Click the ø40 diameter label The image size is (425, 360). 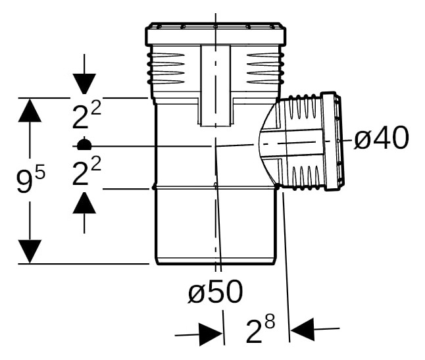click(x=381, y=138)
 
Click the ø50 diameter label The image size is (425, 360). click(x=216, y=292)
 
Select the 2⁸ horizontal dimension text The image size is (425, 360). click(x=261, y=328)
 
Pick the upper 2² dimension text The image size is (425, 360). click(x=86, y=115)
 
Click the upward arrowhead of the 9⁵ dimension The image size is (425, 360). click(x=30, y=110)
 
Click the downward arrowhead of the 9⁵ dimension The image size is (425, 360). click(x=30, y=251)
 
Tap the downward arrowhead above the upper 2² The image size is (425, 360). click(x=84, y=84)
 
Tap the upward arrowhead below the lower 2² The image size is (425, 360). click(x=84, y=203)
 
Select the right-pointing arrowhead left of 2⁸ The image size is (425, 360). click(x=211, y=334)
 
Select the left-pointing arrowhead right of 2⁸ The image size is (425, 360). click(x=302, y=329)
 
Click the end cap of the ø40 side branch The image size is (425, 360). click(x=333, y=141)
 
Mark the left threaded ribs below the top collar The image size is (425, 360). click(x=166, y=68)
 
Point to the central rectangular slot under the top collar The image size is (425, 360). click(x=216, y=86)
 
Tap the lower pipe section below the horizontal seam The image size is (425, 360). click(x=215, y=226)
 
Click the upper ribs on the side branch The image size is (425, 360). click(x=304, y=108)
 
